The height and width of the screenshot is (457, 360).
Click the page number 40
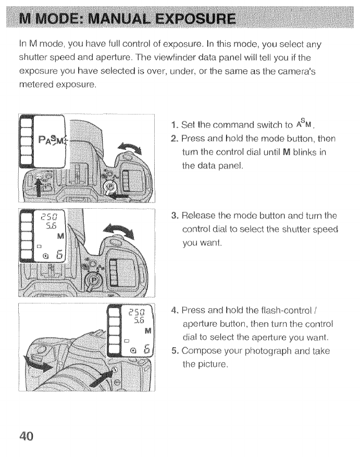click(25, 435)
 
